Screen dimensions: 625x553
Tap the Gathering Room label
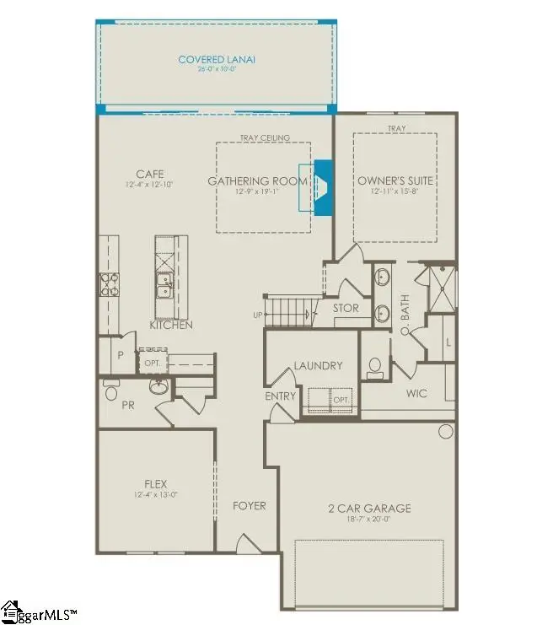pos(250,180)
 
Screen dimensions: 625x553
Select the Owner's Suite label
pos(395,180)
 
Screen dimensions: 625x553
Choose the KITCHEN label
pos(171,325)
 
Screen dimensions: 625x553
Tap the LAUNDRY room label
pos(318,365)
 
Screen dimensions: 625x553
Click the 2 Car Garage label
pos(369,508)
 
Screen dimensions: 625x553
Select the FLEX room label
pos(155,484)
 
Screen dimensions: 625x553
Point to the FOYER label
pos(249,506)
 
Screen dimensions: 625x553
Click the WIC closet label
pos(416,393)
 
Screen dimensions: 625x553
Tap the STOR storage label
pos(346,309)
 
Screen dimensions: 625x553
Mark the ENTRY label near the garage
pos(281,396)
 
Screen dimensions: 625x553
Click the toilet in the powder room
pos(110,391)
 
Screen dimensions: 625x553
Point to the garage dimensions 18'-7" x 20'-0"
pos(369,520)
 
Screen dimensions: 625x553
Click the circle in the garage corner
pos(444,433)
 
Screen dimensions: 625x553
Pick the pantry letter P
pos(121,356)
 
